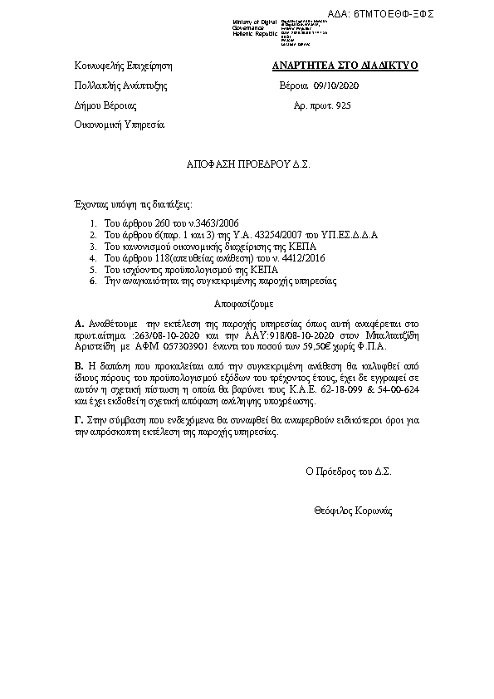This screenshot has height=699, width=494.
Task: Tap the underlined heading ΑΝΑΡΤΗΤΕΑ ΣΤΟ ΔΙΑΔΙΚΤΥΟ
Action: (345, 65)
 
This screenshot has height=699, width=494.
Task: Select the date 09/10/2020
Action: (336, 86)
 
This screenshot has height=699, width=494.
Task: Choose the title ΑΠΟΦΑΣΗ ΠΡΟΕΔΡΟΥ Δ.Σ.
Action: (247, 165)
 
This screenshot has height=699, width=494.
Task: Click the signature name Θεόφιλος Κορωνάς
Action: (354, 509)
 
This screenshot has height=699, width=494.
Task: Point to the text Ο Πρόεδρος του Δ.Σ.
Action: (348, 471)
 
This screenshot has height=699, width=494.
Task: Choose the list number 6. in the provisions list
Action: (94, 282)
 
